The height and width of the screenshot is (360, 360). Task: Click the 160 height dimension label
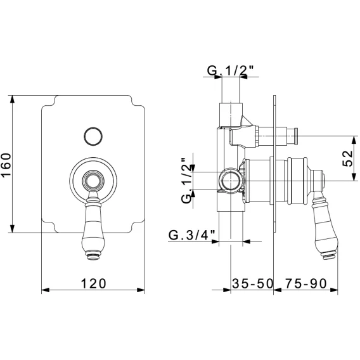6,165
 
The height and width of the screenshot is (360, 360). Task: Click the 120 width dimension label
94,283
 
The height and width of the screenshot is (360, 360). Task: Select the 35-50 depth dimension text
252,283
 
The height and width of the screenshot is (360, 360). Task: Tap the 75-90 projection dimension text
306,283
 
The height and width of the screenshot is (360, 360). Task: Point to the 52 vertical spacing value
347,158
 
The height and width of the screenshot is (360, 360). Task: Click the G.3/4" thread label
192,235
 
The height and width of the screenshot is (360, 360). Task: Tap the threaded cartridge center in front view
93,181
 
